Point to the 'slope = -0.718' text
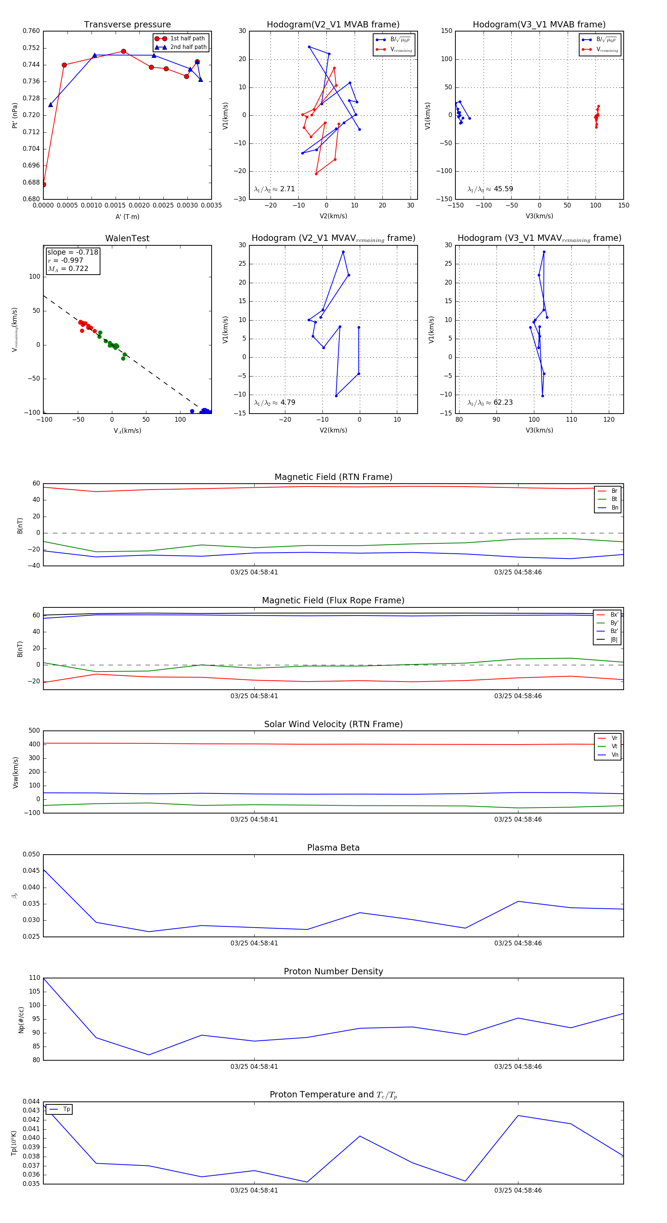[x=73, y=252]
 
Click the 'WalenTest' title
[x=127, y=238]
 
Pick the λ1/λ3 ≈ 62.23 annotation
[x=490, y=402]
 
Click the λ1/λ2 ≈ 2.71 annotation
[x=274, y=189]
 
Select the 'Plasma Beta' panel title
[x=333, y=848]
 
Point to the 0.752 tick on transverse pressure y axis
[x=31, y=48]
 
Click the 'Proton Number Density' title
[x=333, y=971]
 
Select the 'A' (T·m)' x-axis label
[x=127, y=216]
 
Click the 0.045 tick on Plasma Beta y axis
[x=31, y=870]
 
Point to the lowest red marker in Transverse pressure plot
[x=43, y=185]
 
